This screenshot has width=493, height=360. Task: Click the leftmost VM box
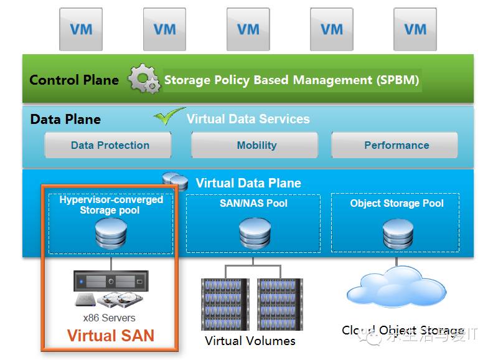(81, 29)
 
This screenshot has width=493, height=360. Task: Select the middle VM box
(248, 29)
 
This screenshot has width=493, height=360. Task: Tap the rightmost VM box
(415, 29)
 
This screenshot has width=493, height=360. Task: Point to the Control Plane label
(74, 80)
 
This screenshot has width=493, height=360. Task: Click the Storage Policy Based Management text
(291, 80)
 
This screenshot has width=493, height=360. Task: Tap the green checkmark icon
(169, 116)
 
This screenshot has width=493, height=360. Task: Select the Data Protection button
(110, 145)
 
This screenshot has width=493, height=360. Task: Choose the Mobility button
(256, 145)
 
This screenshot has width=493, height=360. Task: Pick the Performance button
(396, 145)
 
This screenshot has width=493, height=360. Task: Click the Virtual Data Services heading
(248, 119)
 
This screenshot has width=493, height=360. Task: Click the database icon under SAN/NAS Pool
(254, 233)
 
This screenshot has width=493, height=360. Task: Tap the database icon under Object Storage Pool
(397, 233)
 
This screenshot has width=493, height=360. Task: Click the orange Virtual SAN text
(110, 336)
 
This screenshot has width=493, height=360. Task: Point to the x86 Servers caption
(110, 318)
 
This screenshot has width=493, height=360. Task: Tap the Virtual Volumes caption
(250, 341)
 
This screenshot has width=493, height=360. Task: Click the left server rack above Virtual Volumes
(225, 304)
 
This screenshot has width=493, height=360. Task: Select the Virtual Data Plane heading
(248, 183)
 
